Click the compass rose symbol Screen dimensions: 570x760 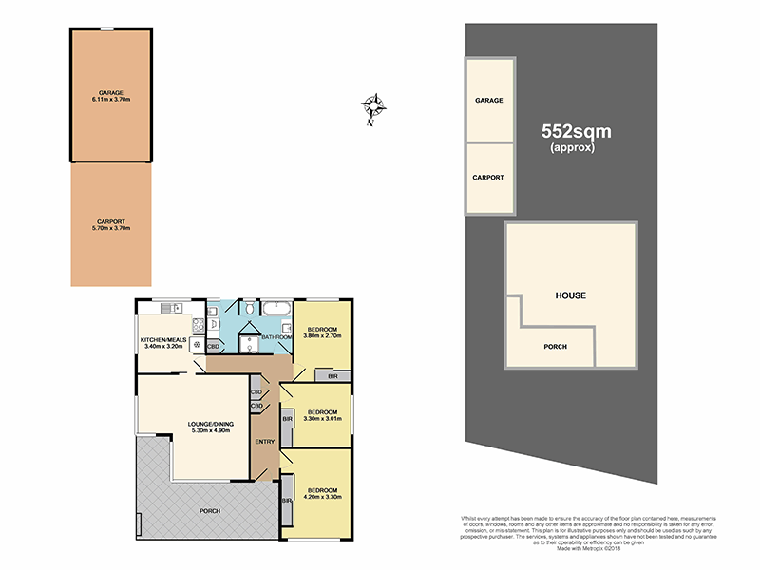coord(373,108)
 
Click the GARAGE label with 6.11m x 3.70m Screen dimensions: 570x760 coord(110,95)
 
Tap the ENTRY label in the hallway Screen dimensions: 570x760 coord(265,440)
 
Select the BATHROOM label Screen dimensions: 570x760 coord(275,336)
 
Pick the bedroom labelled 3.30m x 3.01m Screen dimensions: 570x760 coord(320,415)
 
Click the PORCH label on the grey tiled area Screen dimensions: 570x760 coord(209,511)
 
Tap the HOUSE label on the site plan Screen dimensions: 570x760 coord(570,295)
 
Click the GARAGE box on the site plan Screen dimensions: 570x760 coord(488,100)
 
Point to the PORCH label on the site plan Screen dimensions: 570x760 coord(555,347)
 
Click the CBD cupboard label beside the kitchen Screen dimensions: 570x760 coord(213,347)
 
